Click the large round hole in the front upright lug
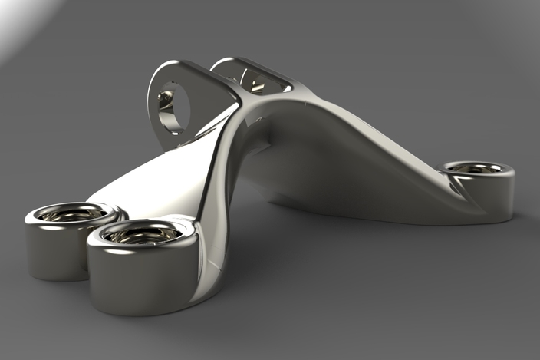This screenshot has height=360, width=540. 173,107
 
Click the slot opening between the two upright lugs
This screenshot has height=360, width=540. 253,81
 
